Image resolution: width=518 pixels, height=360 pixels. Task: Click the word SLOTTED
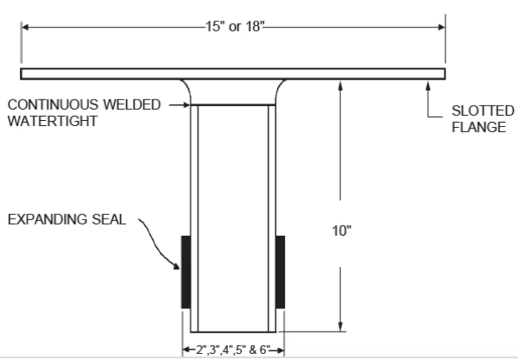click(x=479, y=112)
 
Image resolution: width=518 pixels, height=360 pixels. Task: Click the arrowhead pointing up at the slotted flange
click(x=430, y=84)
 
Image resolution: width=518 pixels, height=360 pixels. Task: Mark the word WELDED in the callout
click(x=132, y=104)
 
